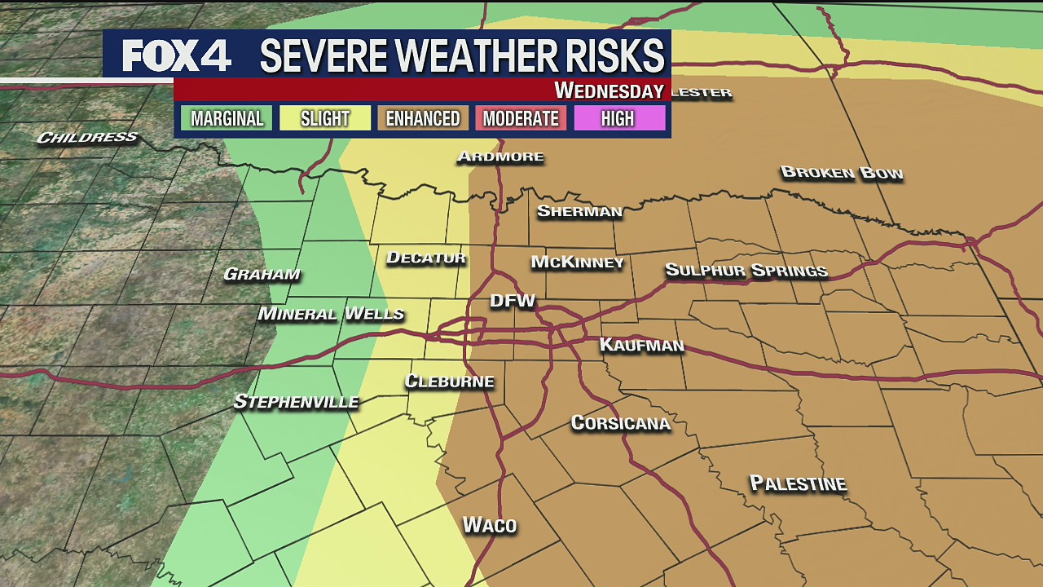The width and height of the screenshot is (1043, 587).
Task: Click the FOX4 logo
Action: coord(177,55)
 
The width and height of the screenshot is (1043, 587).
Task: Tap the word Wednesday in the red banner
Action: coord(609,90)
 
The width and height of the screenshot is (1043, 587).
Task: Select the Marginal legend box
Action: coord(227,118)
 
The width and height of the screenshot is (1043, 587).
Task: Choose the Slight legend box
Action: coord(324,118)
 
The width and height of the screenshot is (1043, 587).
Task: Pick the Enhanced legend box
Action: coord(422,118)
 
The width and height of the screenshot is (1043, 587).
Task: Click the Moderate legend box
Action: coord(520,118)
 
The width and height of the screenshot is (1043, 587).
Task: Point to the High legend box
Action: coord(618,118)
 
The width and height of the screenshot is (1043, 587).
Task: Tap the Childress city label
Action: coord(87,137)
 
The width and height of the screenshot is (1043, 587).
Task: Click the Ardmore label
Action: coord(499,157)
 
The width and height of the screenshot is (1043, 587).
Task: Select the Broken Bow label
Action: coord(842,173)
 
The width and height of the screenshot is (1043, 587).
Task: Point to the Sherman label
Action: coord(579,212)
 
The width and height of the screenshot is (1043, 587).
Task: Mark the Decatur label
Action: coord(425,258)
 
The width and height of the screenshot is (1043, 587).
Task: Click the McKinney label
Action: coord(577,263)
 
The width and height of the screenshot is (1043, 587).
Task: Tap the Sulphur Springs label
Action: coord(746,271)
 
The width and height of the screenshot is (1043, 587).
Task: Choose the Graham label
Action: coord(262,275)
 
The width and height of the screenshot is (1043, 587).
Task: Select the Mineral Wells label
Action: coord(331,314)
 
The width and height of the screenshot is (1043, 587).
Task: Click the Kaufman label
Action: coord(641,346)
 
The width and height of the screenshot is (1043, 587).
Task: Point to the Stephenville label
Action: coord(296,402)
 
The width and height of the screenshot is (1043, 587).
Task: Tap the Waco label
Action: coord(490,525)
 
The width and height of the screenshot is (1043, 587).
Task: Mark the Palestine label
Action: coord(798,483)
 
